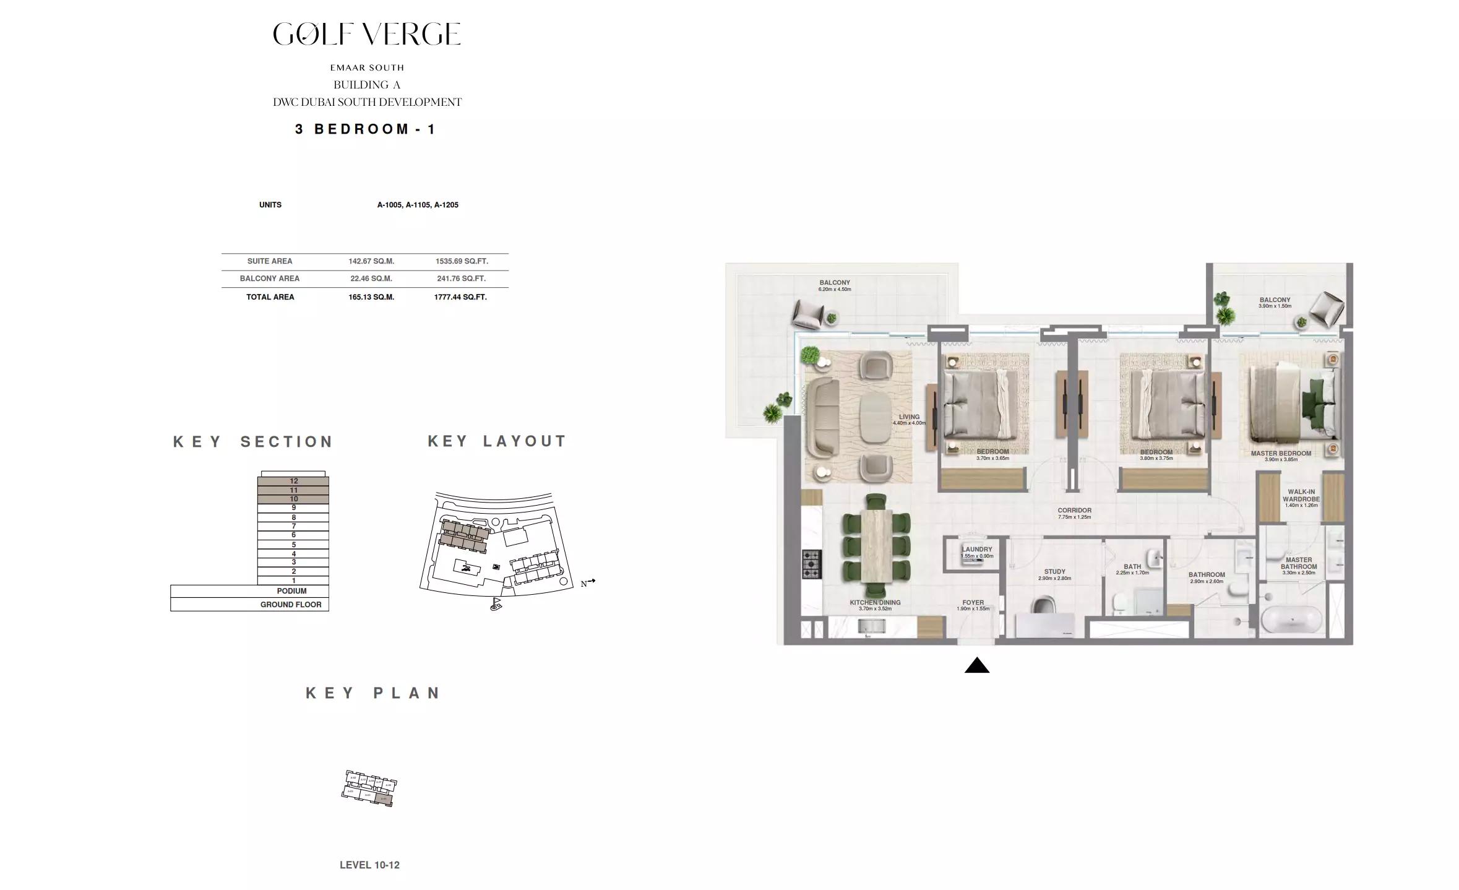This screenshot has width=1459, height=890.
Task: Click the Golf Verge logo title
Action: pos(367,34)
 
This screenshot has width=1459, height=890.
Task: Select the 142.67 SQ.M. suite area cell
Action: pos(371,261)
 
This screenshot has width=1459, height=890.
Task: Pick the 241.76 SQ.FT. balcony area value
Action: pos(461,279)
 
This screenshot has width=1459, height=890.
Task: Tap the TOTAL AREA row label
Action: pos(270,297)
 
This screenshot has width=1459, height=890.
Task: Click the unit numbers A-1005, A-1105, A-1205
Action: pos(418,205)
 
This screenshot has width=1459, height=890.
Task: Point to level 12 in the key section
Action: pos(293,481)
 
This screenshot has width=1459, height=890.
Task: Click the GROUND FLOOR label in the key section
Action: pos(291,605)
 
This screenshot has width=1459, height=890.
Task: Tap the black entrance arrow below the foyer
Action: pos(976,666)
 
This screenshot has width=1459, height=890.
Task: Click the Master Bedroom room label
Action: pos(1281,454)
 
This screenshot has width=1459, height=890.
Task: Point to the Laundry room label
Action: pos(977,550)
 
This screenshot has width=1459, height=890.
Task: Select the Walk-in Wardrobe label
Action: pos(1301,496)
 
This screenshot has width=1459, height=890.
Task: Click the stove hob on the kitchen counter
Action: pos(811,564)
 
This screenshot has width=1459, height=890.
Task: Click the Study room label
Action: pos(1054,572)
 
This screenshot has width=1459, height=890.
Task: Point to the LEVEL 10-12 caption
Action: pos(369,865)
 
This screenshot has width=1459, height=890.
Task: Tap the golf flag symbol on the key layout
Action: pos(496,603)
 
